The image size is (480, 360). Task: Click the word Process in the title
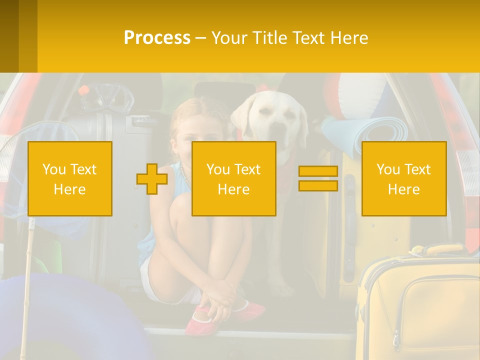(157, 38)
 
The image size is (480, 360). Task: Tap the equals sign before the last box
(318, 178)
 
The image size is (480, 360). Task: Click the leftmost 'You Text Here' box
(70, 178)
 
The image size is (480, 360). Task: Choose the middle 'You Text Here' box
(233, 178)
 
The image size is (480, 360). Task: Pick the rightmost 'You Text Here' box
(403, 178)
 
